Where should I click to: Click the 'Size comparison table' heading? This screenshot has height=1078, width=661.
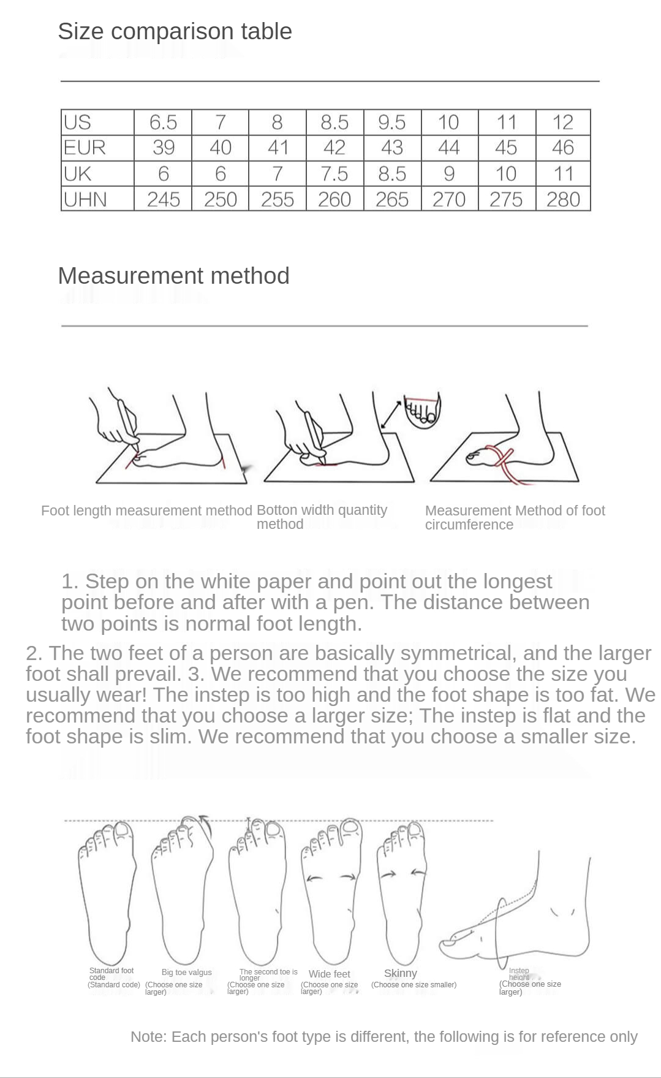175,31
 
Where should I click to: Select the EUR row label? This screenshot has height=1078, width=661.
85,148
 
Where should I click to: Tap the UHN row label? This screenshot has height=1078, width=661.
85,199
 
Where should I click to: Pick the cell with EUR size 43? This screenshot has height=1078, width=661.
392,148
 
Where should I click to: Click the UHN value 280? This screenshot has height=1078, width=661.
563,199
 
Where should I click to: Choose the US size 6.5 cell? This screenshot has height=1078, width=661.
163,122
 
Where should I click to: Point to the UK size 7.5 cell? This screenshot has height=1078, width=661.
334,174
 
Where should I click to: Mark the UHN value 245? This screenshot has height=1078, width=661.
163,199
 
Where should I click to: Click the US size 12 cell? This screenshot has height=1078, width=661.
563,122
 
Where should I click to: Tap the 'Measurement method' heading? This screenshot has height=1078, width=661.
173,276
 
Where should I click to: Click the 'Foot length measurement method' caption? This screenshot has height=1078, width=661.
146,511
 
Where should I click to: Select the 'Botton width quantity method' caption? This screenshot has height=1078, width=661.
322,517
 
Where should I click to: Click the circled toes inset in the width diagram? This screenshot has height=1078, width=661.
423,411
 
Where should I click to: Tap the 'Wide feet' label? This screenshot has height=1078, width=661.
330,974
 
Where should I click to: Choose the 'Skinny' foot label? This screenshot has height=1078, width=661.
401,973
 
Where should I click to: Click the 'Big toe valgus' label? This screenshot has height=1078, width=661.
187,972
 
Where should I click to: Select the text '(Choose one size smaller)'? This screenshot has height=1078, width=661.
414,985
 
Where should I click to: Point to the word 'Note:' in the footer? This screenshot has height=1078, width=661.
148,1036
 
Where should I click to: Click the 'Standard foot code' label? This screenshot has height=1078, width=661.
111,973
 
